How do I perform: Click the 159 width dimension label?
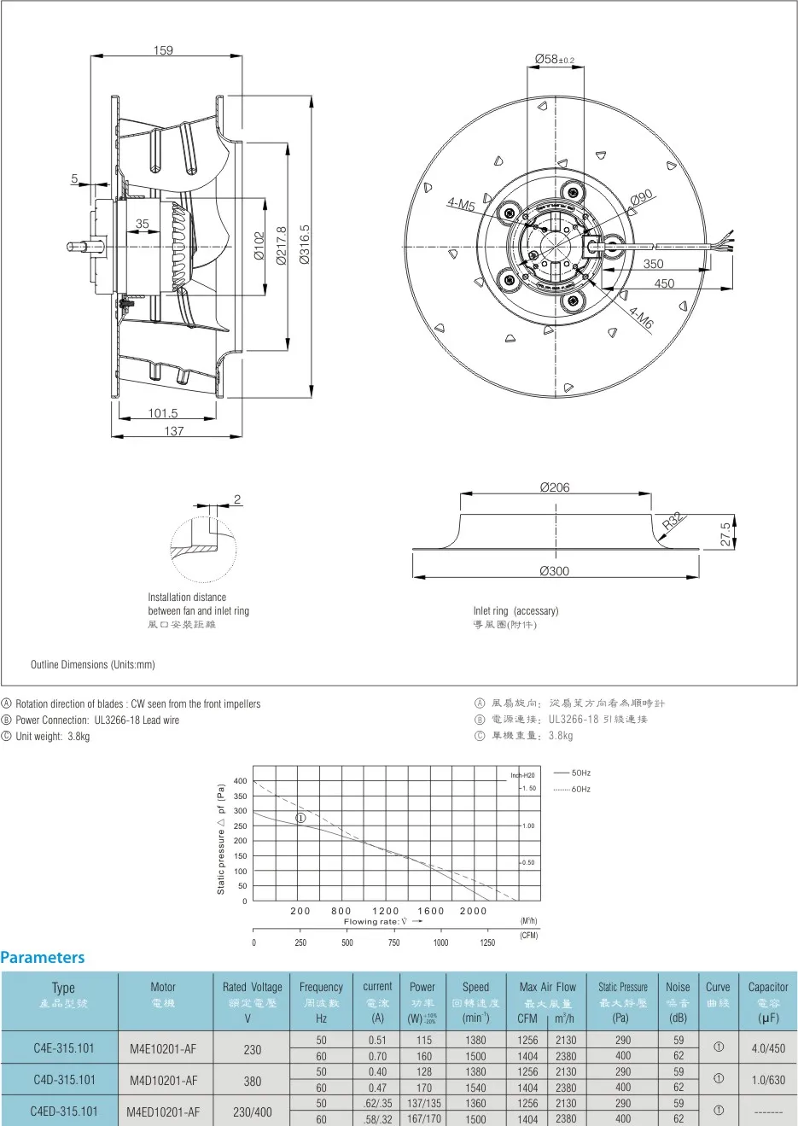[163, 50]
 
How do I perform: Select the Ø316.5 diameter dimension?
[305, 245]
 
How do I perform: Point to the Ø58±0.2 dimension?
[554, 59]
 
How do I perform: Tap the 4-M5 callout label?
[461, 205]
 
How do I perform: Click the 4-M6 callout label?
[641, 318]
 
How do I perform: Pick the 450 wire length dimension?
[664, 283]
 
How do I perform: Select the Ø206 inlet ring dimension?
[555, 487]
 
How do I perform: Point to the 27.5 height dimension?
[725, 534]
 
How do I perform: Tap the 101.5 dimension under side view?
[163, 413]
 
